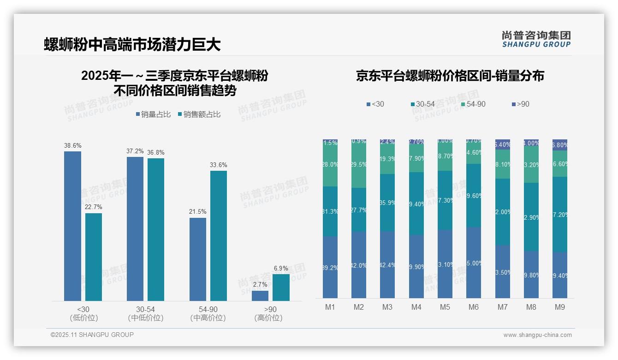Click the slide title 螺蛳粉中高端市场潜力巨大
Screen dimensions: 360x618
click(x=132, y=45)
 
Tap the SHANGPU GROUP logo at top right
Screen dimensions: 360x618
click(x=536, y=39)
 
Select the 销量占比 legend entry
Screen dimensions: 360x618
click(x=153, y=114)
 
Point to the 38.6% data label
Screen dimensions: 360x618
click(x=72, y=145)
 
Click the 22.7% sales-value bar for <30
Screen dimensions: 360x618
click(x=94, y=257)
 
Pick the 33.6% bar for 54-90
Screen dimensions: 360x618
click(x=219, y=235)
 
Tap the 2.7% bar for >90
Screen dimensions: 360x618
click(x=260, y=295)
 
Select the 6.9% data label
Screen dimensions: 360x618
click(x=281, y=268)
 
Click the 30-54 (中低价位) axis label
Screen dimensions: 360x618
click(x=146, y=313)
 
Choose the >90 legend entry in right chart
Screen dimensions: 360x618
click(x=520, y=104)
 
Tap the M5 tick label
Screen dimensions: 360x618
click(x=445, y=307)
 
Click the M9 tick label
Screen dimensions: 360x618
click(x=560, y=307)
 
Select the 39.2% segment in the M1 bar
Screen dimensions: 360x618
click(x=330, y=267)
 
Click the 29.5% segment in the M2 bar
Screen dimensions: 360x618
click(x=359, y=164)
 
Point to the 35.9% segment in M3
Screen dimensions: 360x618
click(x=387, y=202)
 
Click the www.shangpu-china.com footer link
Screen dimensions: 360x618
click(x=537, y=335)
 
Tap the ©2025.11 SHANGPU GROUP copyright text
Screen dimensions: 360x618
click(x=92, y=335)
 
